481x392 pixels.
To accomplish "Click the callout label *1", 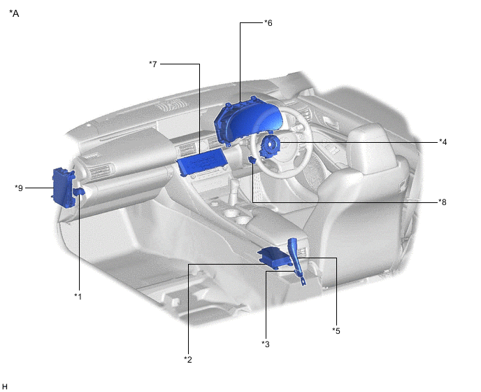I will point(78,296).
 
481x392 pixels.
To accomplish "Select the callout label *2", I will point(187,359).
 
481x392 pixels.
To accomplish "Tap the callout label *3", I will point(265,343).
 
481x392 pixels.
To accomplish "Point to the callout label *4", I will point(443,142).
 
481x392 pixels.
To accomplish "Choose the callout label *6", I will point(268,23).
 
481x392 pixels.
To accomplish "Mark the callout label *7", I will point(153,64).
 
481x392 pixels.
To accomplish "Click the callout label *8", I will point(443,202).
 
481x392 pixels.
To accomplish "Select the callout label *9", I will point(19,188).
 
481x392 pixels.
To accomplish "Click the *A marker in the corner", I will point(14,13).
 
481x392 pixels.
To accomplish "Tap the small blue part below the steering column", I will point(252,162).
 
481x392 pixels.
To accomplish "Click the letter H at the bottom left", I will point(5,386).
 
